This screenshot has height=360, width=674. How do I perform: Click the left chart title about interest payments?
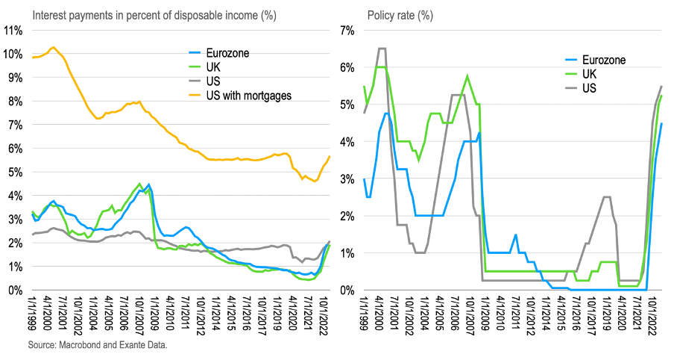click(x=141, y=14)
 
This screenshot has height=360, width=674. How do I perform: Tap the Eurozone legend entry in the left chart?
click(x=229, y=53)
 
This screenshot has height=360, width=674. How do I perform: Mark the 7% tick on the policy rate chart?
click(x=348, y=30)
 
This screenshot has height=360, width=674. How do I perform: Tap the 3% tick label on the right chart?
click(x=348, y=179)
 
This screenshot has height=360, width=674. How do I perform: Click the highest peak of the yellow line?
click(x=53, y=47)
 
